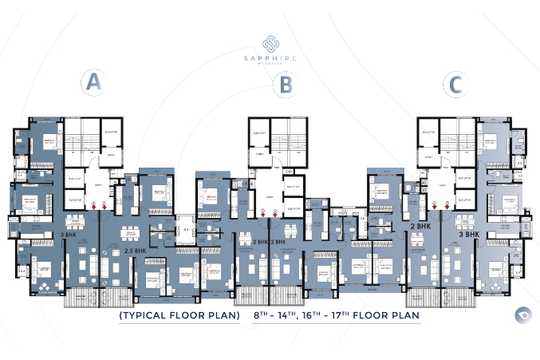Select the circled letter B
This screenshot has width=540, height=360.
point(284,84)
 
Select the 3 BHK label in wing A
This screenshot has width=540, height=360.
point(69,235)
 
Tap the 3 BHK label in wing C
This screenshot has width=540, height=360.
point(467,235)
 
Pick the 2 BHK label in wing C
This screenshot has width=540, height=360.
point(420,227)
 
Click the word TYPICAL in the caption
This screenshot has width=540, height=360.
point(151,315)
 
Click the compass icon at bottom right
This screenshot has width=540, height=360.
point(522,314)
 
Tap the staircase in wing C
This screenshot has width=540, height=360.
point(456,136)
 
